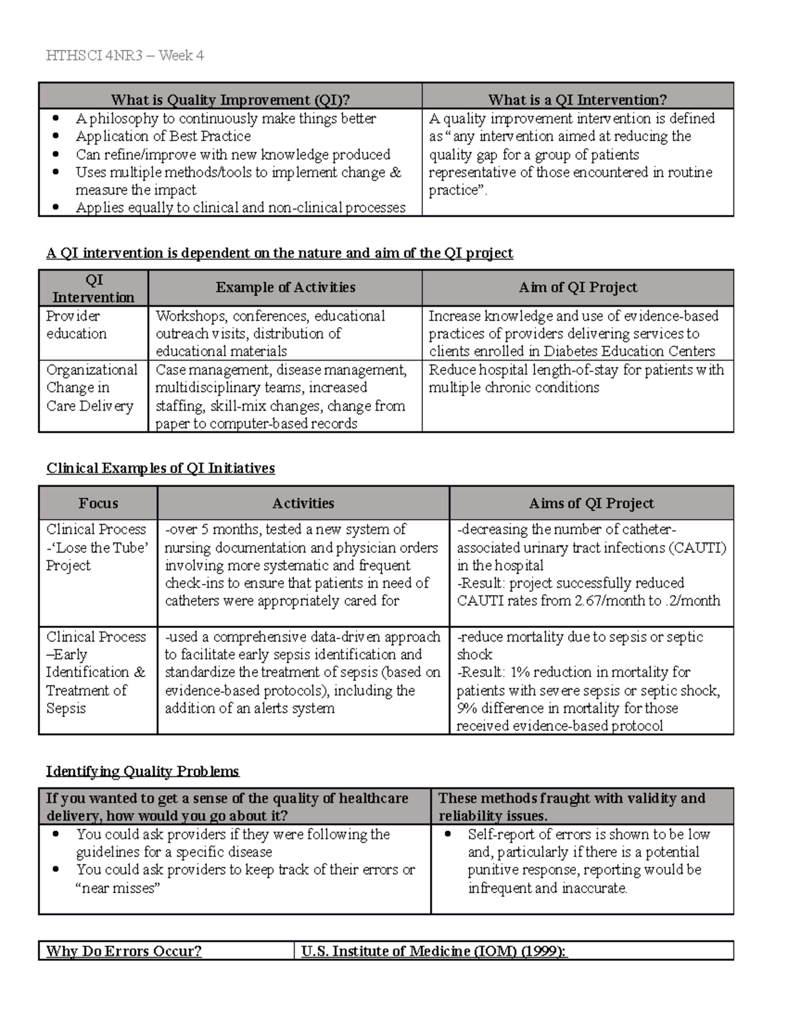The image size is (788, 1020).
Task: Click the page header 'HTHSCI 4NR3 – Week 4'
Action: (125, 56)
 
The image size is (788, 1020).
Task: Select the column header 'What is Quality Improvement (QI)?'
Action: (230, 100)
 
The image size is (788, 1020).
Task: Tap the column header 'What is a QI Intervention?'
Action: (577, 100)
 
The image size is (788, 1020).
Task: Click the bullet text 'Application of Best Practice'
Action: (163, 137)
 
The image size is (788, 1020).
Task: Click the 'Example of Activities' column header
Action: (285, 288)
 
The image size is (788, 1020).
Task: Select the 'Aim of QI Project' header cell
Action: (577, 288)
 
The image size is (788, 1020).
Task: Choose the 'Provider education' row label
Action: (76, 325)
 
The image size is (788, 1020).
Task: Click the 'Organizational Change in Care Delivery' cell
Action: (91, 388)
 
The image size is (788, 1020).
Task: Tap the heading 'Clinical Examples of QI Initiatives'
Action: (160, 468)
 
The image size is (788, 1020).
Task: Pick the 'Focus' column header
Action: (98, 504)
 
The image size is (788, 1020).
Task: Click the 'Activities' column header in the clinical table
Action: (303, 504)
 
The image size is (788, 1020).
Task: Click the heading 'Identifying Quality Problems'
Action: (142, 771)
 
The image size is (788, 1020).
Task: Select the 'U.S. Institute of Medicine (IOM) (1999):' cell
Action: (433, 951)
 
